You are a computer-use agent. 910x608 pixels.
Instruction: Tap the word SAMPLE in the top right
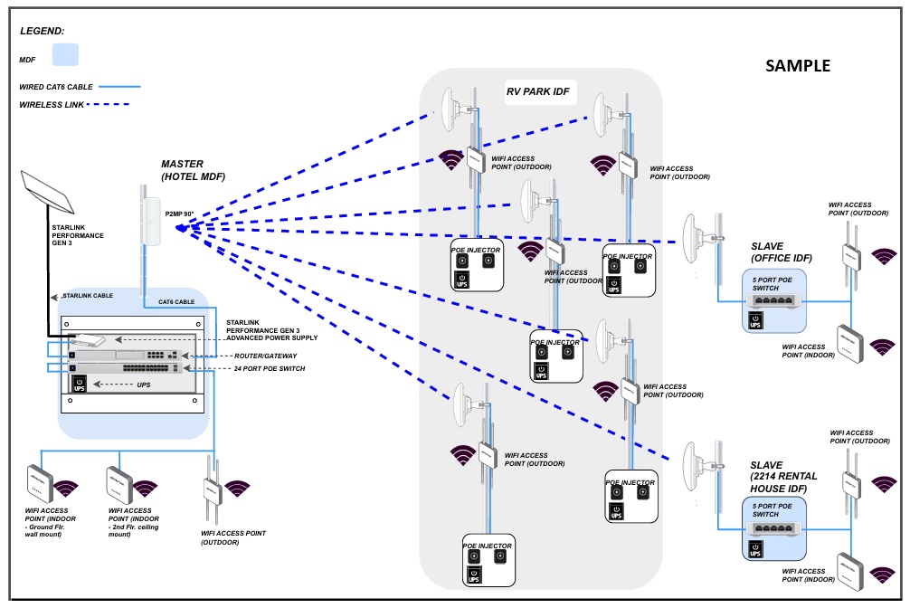(797, 66)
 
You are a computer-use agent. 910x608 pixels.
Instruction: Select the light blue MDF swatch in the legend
(65, 54)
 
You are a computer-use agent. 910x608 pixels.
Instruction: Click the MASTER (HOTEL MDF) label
(193, 170)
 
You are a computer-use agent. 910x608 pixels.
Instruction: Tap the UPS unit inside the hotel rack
(80, 384)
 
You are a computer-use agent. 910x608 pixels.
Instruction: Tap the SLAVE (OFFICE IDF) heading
(781, 252)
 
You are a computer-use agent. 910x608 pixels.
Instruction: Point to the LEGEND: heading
(43, 30)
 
